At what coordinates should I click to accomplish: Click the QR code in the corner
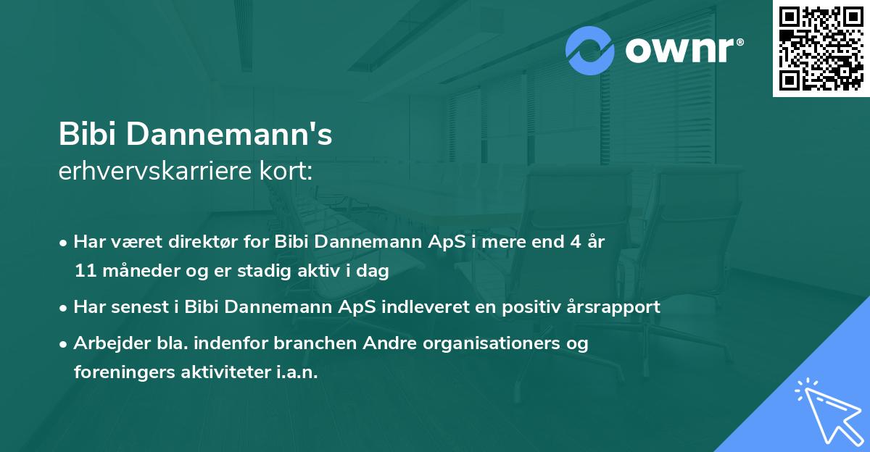(821, 48)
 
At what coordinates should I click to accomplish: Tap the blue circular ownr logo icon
(590, 51)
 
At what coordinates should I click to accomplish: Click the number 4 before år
(573, 243)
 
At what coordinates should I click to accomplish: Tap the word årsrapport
(614, 307)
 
